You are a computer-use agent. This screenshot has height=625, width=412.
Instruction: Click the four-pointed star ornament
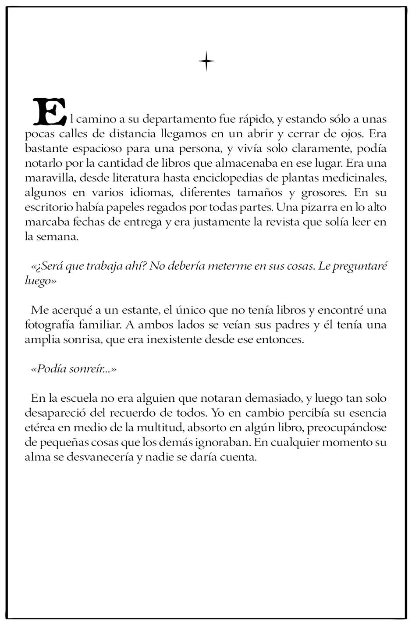click(206, 61)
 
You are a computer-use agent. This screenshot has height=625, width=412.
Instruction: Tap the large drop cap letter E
click(49, 111)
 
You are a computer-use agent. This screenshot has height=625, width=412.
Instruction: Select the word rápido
click(257, 118)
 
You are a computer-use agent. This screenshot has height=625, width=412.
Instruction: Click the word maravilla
click(45, 178)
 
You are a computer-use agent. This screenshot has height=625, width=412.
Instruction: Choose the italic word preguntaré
click(360, 267)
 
